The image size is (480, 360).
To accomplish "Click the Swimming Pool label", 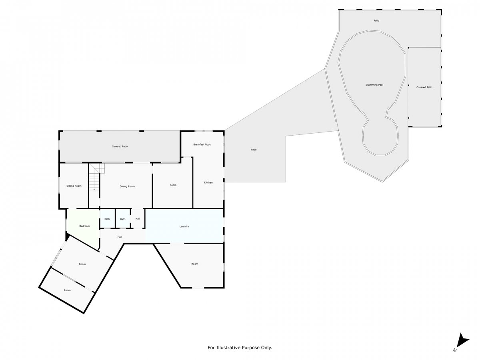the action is click(374, 85).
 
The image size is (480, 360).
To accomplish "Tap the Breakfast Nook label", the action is click(202, 144).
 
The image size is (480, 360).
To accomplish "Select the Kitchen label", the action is click(208, 182).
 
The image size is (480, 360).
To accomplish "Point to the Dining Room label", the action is click(127, 186).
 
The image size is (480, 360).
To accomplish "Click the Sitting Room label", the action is click(74, 186).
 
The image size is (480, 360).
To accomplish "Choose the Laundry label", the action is click(184, 226).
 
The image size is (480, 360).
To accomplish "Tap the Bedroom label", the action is click(85, 226).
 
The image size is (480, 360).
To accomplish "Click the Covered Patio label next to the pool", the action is click(424, 87).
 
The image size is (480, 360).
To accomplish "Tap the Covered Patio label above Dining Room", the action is click(120, 146).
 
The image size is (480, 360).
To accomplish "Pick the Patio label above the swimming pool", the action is click(376, 20).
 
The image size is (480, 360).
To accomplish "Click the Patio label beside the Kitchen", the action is click(254, 150).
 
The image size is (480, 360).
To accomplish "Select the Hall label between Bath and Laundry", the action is click(138, 218).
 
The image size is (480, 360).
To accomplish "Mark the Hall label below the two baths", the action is click(120, 237).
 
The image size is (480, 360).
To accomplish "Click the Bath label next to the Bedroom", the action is click(107, 219).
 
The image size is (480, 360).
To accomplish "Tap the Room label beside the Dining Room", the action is click(173, 185).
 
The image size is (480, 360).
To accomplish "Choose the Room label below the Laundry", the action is click(195, 264).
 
